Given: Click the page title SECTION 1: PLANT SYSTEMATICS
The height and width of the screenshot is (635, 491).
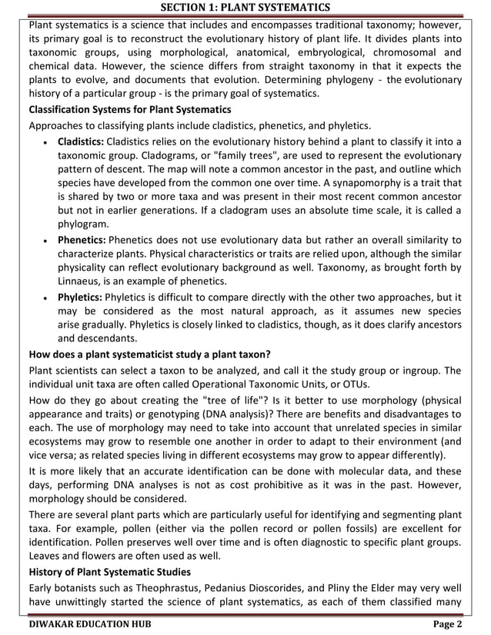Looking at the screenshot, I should point(245,8).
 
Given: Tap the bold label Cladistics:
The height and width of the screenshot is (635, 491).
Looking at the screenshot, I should point(81,141).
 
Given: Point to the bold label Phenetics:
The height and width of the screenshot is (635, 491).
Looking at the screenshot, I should point(82,239).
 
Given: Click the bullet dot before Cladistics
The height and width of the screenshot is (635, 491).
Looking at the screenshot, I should point(48,143).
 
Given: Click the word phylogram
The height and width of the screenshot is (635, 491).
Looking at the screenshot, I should point(83,224).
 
